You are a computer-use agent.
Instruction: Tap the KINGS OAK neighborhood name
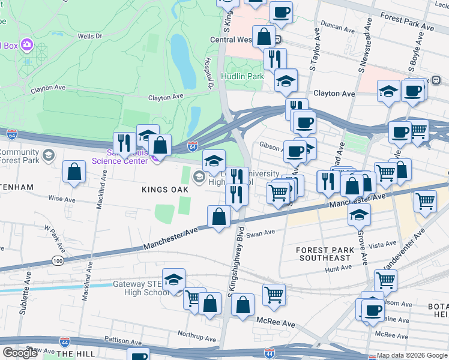coord(165,190)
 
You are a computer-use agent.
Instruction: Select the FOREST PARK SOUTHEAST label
coord(323,254)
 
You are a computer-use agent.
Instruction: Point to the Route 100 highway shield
coord(58,260)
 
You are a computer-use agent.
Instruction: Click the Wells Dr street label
coord(89,36)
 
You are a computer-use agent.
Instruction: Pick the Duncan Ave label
coord(338,28)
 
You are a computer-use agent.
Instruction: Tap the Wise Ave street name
coord(62,198)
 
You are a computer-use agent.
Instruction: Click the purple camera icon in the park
coord(26,45)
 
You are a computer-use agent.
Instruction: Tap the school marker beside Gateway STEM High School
coord(174,280)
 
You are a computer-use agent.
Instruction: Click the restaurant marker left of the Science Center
coord(124,142)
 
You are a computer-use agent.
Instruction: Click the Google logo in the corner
coord(20,352)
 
